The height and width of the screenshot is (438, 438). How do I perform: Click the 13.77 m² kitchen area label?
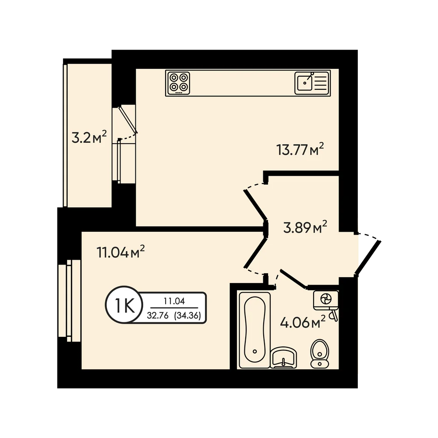(300, 149)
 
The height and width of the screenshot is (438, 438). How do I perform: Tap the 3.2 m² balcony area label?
(89, 137)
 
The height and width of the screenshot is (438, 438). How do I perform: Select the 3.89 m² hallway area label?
(305, 227)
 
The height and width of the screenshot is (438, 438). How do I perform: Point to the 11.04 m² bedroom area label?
(120, 252)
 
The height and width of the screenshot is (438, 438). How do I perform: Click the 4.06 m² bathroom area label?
(303, 322)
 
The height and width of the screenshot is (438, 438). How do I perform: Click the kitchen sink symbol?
(312, 83)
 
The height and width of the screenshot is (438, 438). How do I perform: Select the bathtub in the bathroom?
(255, 330)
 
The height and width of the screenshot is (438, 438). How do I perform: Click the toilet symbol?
(320, 353)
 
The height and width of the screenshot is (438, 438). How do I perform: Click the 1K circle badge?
(124, 305)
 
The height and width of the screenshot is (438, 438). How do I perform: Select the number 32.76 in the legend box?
(158, 315)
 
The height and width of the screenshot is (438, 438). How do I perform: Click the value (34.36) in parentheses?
(187, 315)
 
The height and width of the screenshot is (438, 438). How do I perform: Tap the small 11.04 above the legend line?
(174, 301)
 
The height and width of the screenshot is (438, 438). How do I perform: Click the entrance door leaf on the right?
(368, 258)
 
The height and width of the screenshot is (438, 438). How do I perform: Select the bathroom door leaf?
(293, 279)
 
